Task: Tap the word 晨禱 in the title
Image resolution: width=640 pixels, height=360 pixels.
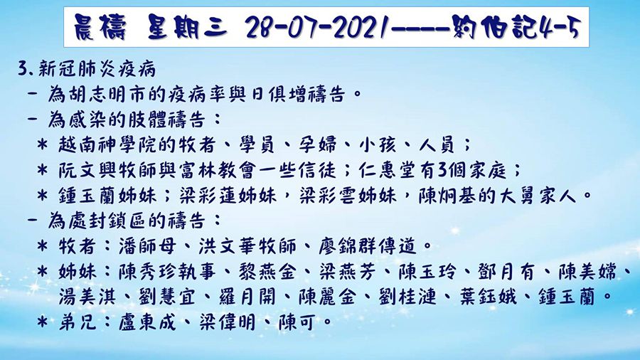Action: (104, 28)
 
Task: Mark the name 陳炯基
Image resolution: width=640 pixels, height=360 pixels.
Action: (436, 194)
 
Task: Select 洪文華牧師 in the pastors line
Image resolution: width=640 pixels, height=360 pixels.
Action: (221, 246)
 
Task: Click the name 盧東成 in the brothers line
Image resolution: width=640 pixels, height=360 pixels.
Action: (132, 321)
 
